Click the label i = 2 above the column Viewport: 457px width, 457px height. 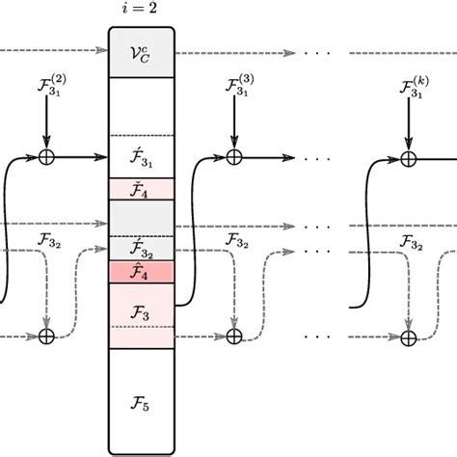[141, 13]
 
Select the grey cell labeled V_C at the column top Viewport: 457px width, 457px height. [141, 56]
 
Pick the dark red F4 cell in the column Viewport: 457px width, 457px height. [141, 273]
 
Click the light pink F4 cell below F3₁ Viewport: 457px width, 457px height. [141, 189]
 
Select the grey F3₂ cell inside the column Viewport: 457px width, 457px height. [141, 248]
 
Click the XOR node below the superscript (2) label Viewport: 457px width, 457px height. [45, 156]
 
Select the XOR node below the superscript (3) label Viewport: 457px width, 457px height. [233, 156]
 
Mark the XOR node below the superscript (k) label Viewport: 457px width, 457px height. [409, 156]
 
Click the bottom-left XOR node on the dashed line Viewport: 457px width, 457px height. [45, 336]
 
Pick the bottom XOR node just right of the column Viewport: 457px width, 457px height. [233, 336]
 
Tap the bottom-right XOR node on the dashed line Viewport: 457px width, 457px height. [409, 336]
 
